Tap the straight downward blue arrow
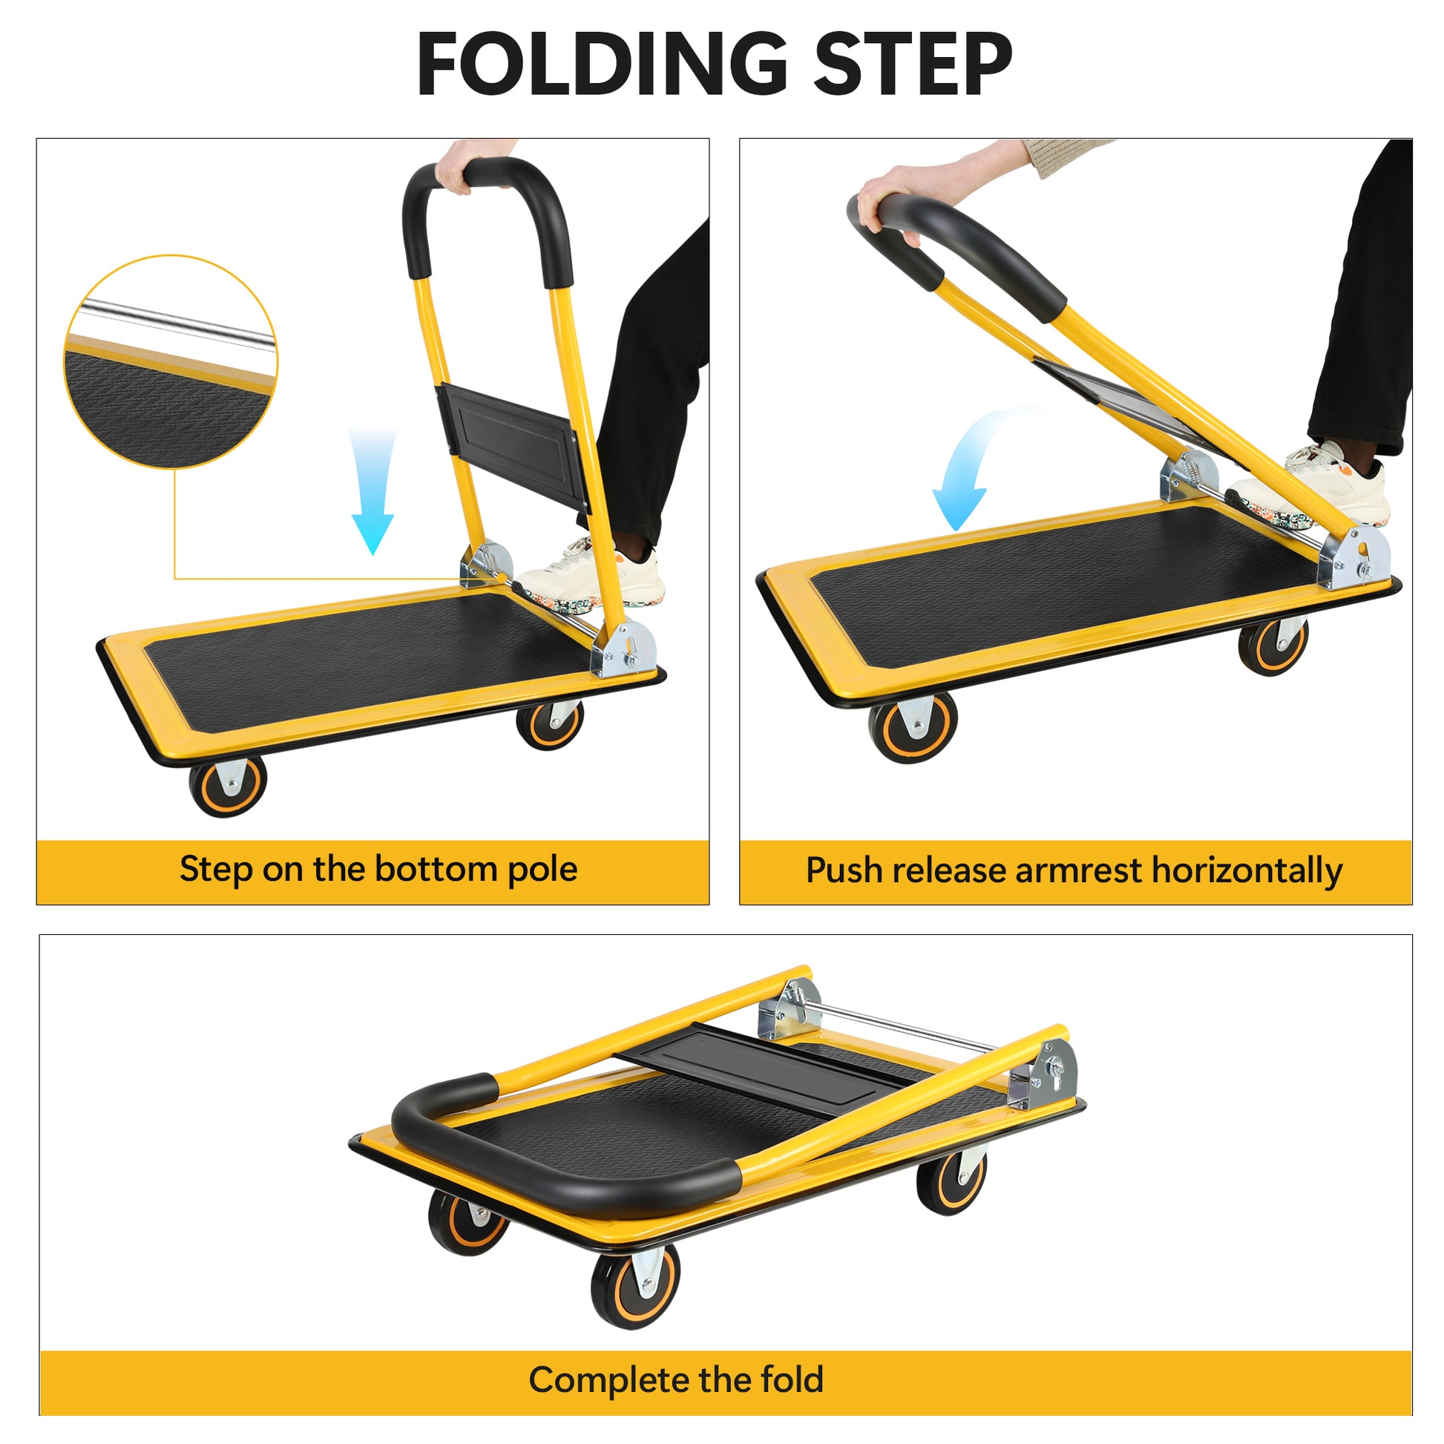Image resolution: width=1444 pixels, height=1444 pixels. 373,490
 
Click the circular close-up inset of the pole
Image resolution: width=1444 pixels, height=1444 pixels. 171,362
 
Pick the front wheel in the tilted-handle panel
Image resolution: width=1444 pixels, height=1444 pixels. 913,726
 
